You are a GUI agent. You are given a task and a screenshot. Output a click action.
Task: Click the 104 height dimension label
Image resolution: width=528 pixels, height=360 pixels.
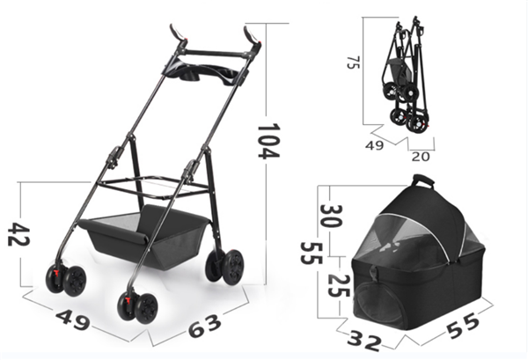point(268,141)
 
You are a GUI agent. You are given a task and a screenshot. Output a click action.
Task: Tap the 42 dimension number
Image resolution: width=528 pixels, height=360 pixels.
point(18,234)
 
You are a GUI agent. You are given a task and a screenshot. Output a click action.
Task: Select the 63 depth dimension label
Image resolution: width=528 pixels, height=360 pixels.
point(205,326)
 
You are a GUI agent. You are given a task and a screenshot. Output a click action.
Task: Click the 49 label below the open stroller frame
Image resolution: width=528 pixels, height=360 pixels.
point(73,320)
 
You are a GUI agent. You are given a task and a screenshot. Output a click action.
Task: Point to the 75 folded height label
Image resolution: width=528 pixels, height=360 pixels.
point(353,62)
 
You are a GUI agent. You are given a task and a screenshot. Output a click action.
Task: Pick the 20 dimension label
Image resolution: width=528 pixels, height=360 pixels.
point(421,157)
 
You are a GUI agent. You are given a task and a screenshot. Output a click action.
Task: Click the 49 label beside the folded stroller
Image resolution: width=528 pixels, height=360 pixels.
point(375,145)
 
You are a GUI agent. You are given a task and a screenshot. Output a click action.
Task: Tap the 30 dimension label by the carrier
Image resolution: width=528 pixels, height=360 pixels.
point(331,216)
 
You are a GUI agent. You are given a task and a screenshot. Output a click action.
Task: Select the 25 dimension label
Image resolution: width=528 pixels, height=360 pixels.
point(339,285)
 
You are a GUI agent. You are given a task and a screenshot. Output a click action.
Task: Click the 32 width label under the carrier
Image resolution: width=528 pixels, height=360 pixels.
point(364,341)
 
